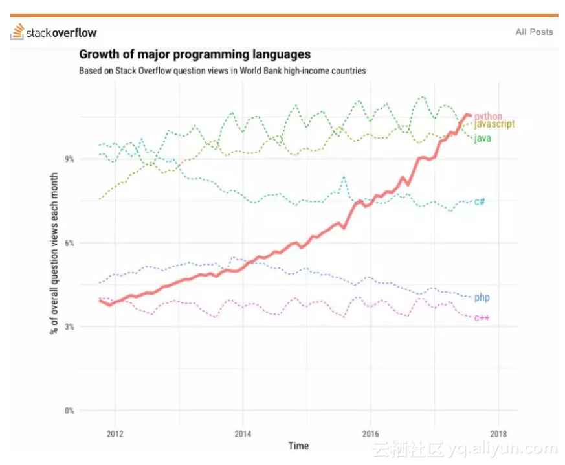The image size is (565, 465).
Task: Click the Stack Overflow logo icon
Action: (18, 32)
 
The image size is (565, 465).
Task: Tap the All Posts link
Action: (534, 32)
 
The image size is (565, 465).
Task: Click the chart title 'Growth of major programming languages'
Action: (195, 54)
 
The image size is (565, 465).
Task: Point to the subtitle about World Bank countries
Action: (222, 71)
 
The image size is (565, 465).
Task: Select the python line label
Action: (488, 117)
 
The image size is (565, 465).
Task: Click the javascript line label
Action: (495, 124)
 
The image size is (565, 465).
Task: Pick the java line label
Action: (482, 138)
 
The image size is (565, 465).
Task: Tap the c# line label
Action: (480, 201)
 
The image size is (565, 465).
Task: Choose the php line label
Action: (482, 298)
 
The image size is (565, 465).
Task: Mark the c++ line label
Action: (482, 317)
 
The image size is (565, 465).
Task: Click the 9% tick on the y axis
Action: (68, 159)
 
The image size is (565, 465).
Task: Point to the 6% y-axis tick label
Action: (68, 243)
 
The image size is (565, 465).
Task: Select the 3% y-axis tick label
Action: (68, 327)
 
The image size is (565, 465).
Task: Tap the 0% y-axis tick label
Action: (68, 411)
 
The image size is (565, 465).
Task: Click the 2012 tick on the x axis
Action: (115, 433)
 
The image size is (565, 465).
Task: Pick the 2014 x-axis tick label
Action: (243, 433)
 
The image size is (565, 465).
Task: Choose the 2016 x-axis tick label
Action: (370, 433)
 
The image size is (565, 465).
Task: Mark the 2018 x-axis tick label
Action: (498, 433)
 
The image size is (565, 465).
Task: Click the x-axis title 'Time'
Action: (298, 446)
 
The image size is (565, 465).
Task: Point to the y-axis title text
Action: (54, 253)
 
